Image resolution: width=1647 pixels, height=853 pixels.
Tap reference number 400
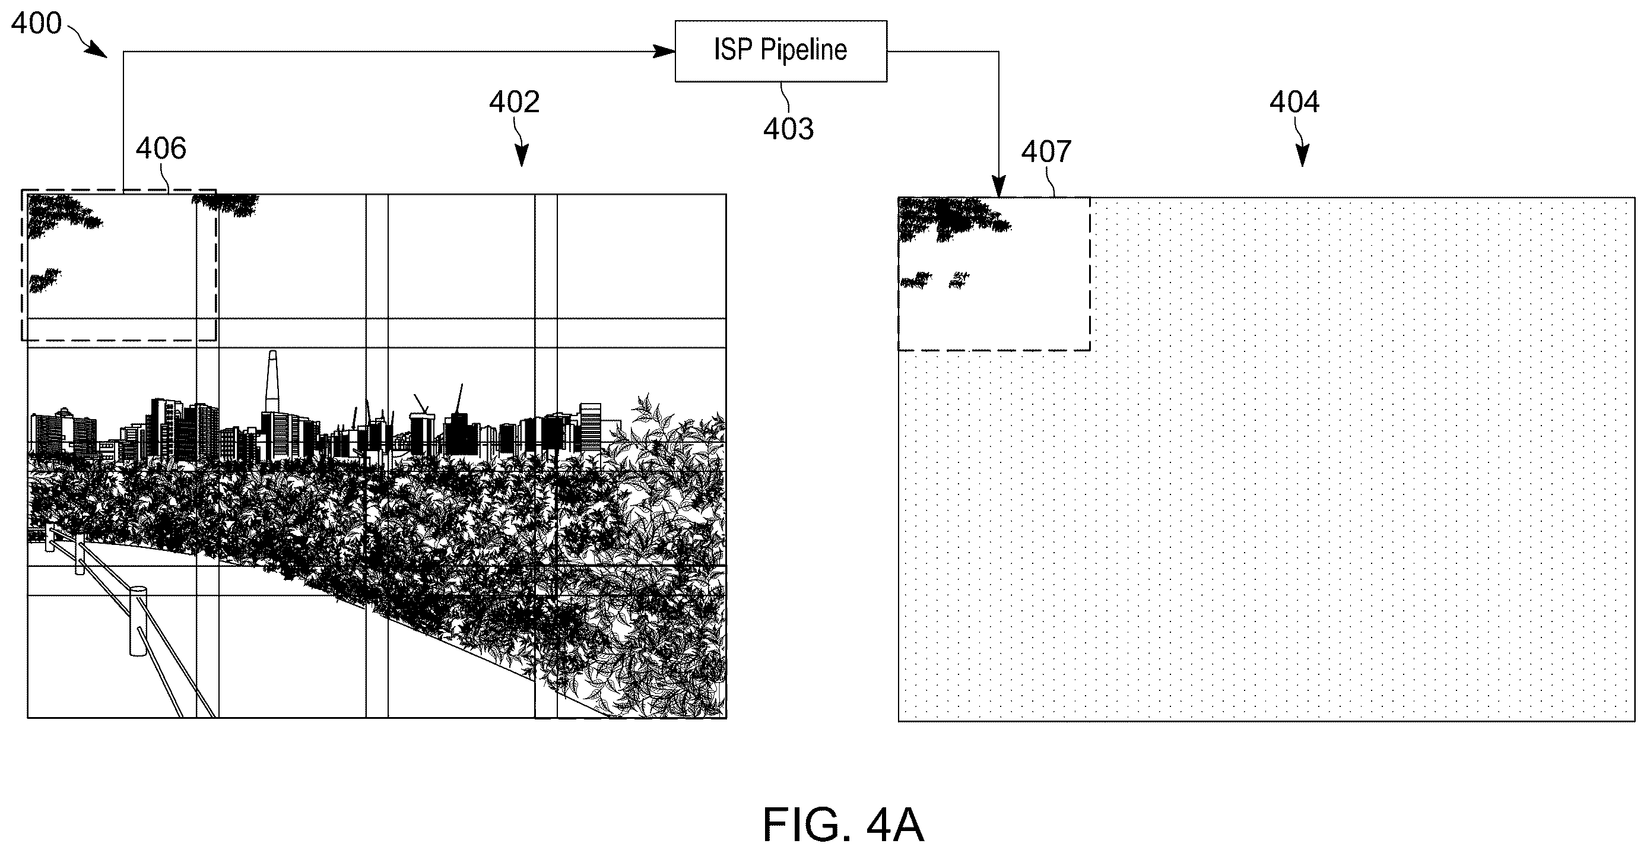coord(36,23)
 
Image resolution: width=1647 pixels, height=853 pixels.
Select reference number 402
coord(515,102)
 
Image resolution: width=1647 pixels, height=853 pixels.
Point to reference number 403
coord(788,129)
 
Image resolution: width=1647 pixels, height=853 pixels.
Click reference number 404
coord(1294,102)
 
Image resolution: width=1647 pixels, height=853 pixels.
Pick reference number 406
coord(161,148)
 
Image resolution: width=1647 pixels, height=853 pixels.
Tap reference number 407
coord(1046,151)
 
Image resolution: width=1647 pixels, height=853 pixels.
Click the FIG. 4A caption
coord(843,825)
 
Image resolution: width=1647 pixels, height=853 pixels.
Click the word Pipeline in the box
coord(804,50)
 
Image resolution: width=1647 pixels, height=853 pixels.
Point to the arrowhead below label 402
coord(522,156)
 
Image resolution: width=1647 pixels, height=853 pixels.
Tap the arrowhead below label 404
coord(1302,156)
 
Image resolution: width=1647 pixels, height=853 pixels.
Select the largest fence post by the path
coord(138,621)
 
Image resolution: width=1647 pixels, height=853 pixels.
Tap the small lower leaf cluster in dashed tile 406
coord(44,280)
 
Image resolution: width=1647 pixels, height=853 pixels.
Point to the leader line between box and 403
coord(786,99)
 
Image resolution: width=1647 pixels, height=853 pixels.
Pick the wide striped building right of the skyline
coord(590,427)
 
